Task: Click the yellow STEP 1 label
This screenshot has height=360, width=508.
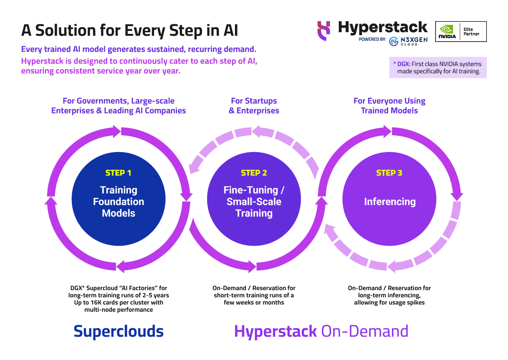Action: pyautogui.click(x=118, y=173)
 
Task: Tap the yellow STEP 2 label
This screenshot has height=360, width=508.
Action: pyautogui.click(x=254, y=173)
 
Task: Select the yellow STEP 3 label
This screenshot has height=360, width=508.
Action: pyautogui.click(x=389, y=173)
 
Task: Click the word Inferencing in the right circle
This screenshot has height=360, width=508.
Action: pyautogui.click(x=389, y=202)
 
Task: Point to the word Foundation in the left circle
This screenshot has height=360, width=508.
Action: pyautogui.click(x=119, y=202)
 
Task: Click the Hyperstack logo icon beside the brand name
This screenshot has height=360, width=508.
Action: pyautogui.click(x=324, y=31)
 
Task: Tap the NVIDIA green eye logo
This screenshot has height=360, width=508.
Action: pyautogui.click(x=447, y=29)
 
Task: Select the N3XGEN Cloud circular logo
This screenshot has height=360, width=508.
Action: pyautogui.click(x=394, y=41)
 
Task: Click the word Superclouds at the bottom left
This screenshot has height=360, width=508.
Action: pyautogui.click(x=119, y=331)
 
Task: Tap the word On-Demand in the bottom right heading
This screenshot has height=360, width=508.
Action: pyautogui.click(x=364, y=331)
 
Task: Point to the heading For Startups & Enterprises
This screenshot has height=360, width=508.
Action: pyautogui.click(x=254, y=106)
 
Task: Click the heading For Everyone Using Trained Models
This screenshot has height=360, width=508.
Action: pyautogui.click(x=389, y=106)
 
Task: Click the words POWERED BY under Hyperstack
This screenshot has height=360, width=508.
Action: pyautogui.click(x=372, y=39)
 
